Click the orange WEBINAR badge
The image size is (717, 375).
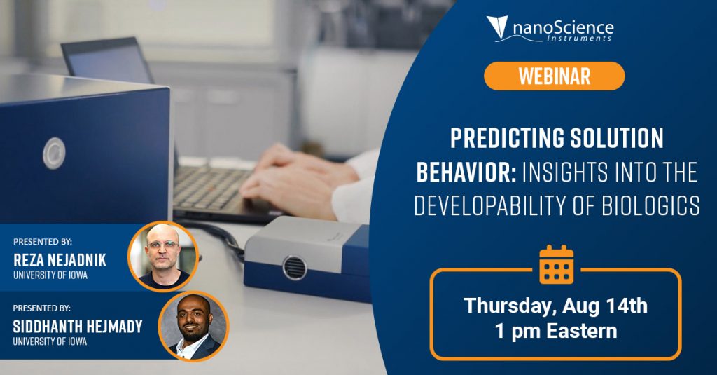[x=555, y=76]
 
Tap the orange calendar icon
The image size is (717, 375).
[x=556, y=265]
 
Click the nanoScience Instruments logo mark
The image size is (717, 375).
[x=497, y=27]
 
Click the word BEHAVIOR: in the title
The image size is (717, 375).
[x=466, y=172]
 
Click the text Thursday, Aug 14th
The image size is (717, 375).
[x=555, y=306]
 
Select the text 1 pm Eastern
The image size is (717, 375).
[x=555, y=331]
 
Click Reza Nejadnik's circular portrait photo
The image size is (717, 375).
[x=162, y=257]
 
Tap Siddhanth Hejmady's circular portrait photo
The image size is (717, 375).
[x=193, y=326]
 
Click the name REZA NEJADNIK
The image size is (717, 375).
[x=60, y=260]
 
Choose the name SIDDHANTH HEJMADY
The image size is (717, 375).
[x=77, y=327]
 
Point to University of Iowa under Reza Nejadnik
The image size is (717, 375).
[x=50, y=275]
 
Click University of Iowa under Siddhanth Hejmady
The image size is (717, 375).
[x=50, y=341]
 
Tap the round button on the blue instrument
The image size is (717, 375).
[x=54, y=153]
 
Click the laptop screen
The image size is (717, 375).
[x=107, y=60]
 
